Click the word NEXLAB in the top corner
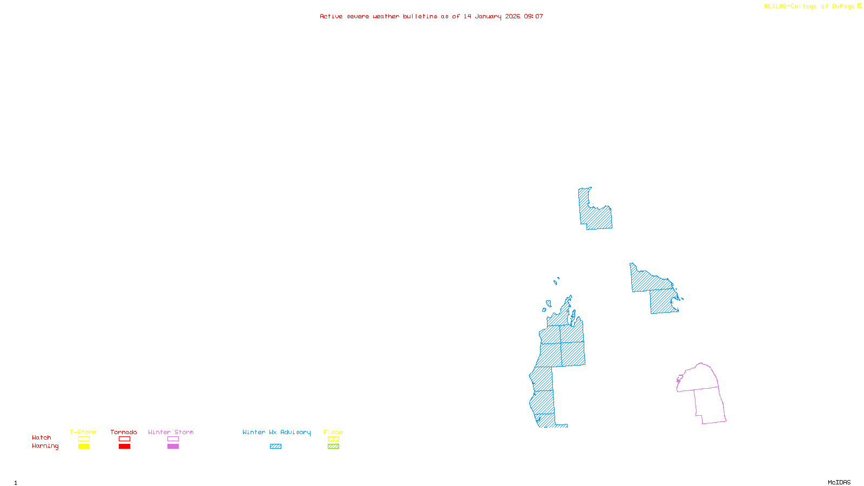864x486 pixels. point(775,6)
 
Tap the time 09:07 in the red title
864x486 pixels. point(534,16)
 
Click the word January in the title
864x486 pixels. point(488,16)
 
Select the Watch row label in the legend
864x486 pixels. point(42,437)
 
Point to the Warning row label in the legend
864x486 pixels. point(45,446)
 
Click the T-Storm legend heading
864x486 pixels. point(83,432)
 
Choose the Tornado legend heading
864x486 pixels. point(124,432)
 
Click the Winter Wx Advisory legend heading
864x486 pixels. point(276,432)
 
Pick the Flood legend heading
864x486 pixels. point(333,432)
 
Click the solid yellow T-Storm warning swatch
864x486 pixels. point(84,447)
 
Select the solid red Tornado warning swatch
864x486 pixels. point(125,447)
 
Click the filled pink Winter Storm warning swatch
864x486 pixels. point(173,447)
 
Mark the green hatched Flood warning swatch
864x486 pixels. point(334,447)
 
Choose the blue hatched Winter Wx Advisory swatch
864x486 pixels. point(276,447)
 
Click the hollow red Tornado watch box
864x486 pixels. point(125,439)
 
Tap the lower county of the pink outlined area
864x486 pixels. point(709,405)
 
